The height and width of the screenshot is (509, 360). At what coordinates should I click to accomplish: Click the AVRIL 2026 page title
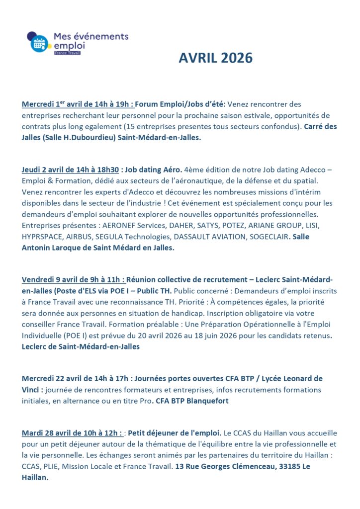[x=215, y=58]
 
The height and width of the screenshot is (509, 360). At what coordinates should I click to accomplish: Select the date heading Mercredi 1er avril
[x=78, y=104]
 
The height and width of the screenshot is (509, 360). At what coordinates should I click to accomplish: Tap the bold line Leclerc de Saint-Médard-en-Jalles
[x=81, y=346]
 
